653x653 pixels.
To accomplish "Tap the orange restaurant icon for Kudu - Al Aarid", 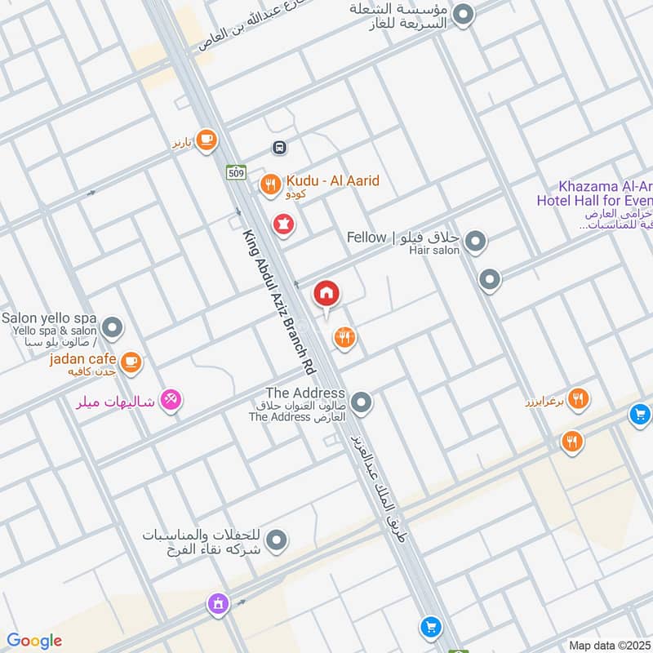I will pyautogui.click(x=270, y=185).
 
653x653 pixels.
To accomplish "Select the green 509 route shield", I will pyautogui.click(x=236, y=172).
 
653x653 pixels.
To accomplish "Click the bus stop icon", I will pyautogui.click(x=279, y=148).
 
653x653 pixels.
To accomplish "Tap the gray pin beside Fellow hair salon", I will pyautogui.click(x=476, y=241).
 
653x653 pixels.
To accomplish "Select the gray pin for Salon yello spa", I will pyautogui.click(x=113, y=329).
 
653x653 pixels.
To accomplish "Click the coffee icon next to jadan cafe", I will pyautogui.click(x=131, y=360).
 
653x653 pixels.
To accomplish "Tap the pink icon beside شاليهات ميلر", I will pyautogui.click(x=171, y=400).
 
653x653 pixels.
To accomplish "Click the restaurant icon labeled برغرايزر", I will pyautogui.click(x=580, y=398).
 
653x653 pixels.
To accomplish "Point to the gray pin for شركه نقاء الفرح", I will pyautogui.click(x=278, y=540).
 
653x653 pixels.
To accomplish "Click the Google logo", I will pyautogui.click(x=34, y=641).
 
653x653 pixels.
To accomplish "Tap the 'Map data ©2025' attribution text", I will pyautogui.click(x=608, y=645).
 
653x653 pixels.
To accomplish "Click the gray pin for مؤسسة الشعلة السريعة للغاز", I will pyautogui.click(x=464, y=15).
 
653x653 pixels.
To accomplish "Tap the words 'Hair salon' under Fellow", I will pyautogui.click(x=434, y=251).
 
